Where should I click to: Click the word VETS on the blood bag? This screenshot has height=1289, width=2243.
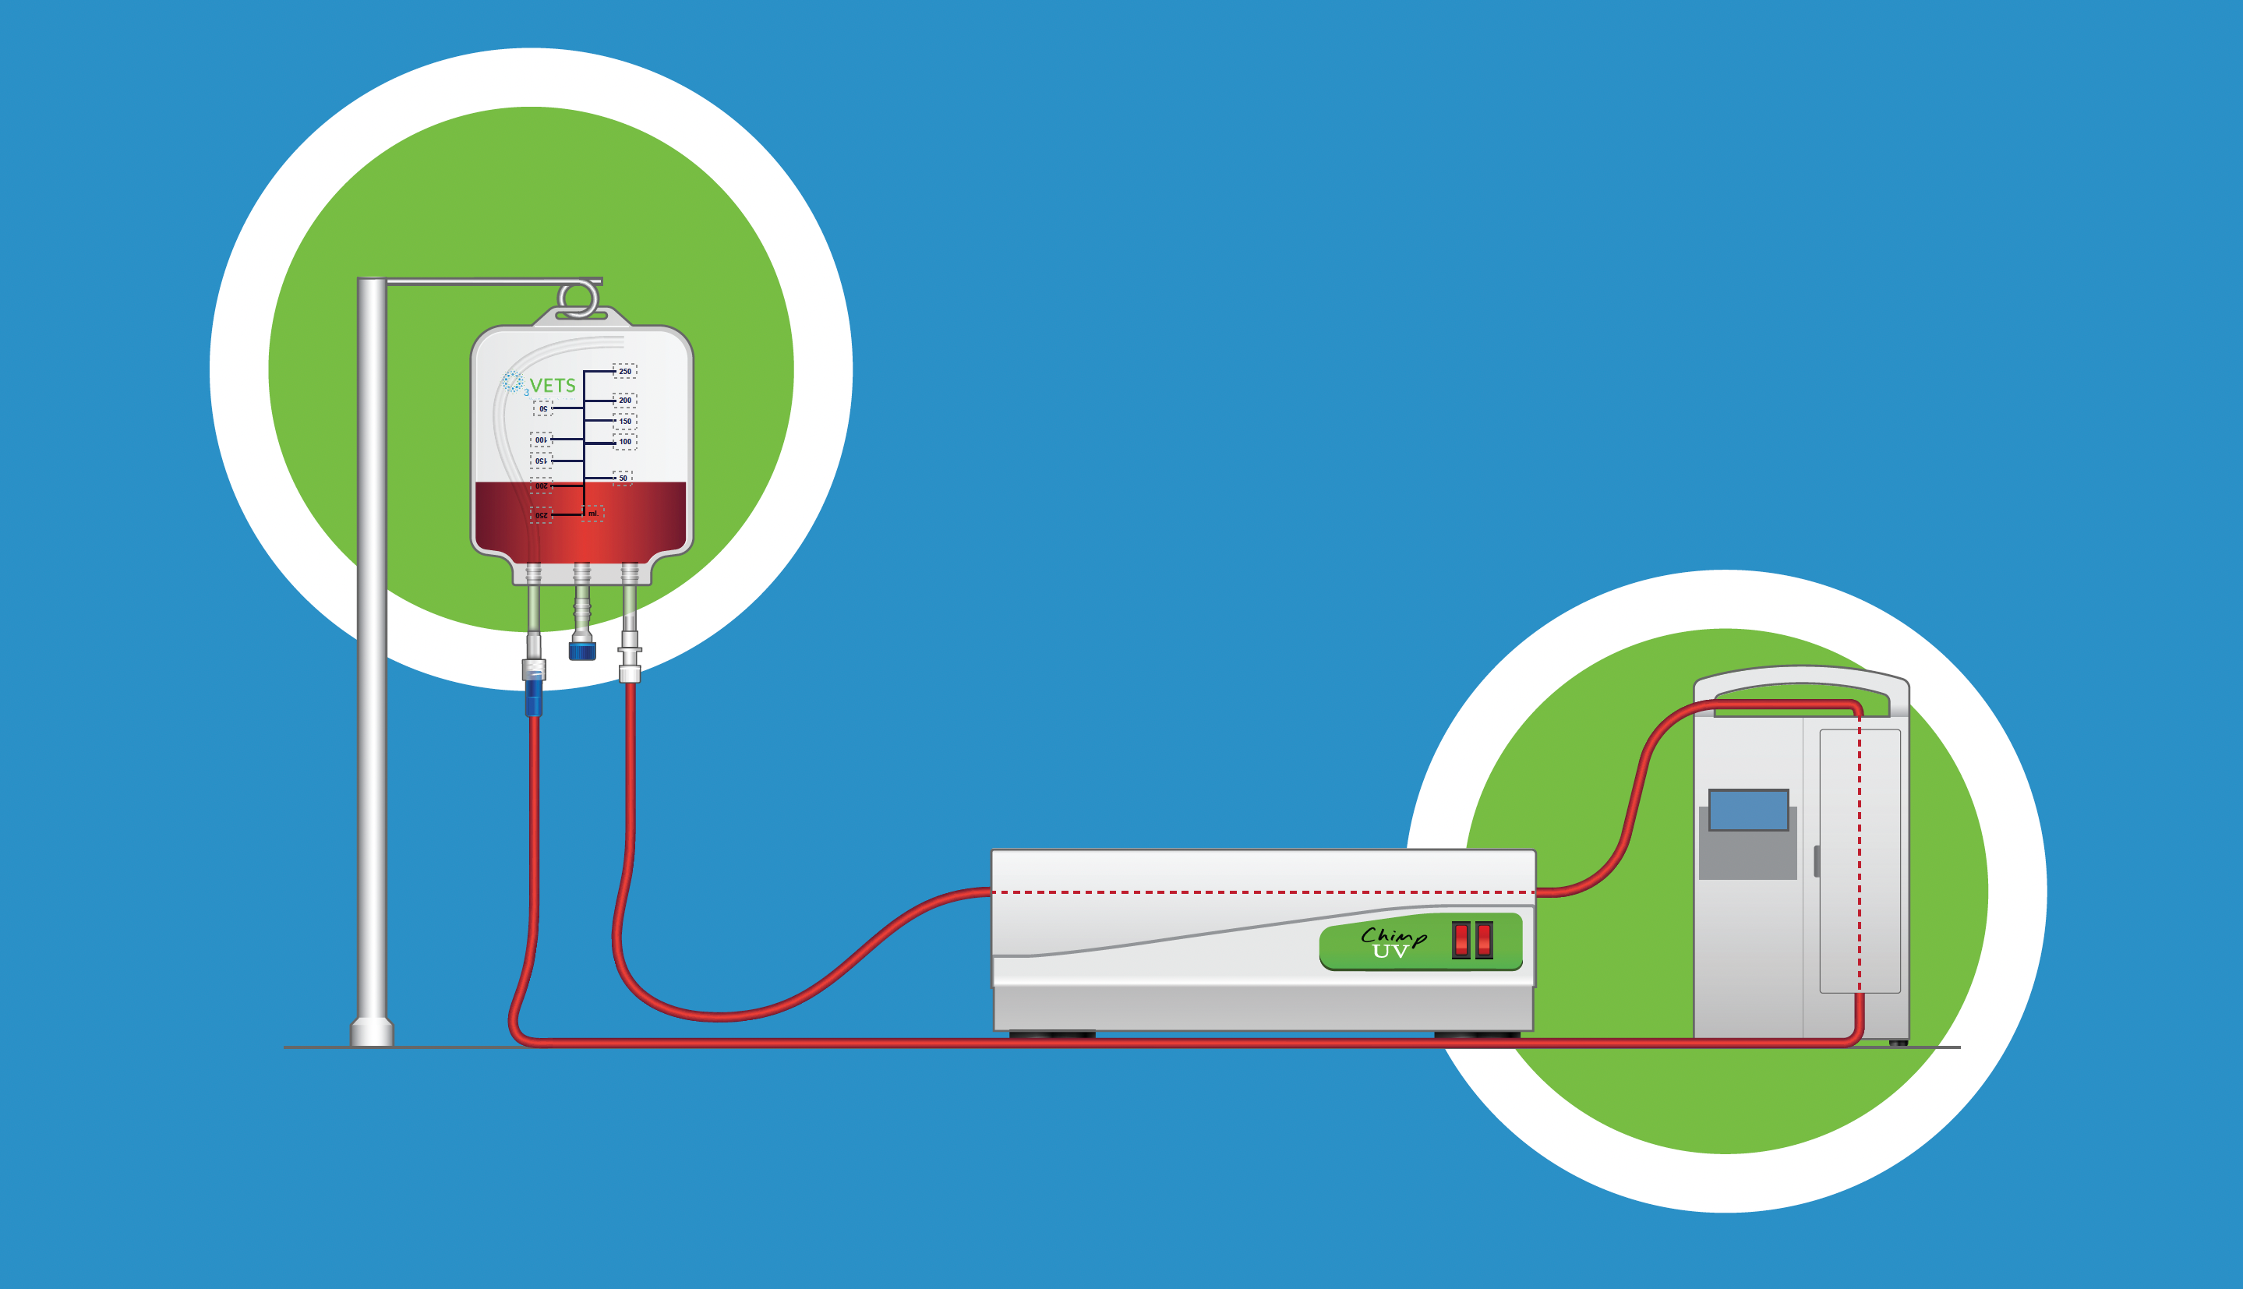[553, 386]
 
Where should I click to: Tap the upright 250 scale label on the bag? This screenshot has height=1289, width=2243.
[625, 371]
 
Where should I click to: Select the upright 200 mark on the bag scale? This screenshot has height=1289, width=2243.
[625, 400]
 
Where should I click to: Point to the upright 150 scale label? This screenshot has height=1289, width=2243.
[625, 422]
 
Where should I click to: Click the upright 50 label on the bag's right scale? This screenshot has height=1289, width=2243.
[623, 478]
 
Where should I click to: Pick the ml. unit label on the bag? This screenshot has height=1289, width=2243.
[593, 514]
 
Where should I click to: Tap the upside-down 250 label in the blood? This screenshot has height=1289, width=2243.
[542, 515]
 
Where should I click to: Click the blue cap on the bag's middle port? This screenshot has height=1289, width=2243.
[581, 652]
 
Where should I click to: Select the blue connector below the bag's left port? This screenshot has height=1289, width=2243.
[533, 696]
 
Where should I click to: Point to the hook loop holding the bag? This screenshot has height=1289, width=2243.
[578, 299]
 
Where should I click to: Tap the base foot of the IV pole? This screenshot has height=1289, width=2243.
[372, 1033]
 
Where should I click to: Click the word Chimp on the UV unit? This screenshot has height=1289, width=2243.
[1393, 937]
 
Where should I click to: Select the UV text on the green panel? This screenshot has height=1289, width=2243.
[1390, 952]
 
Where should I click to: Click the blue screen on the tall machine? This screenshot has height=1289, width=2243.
[1748, 810]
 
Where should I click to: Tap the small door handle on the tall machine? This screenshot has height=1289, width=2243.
[1817, 861]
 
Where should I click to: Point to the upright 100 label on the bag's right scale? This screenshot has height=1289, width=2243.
[625, 442]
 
